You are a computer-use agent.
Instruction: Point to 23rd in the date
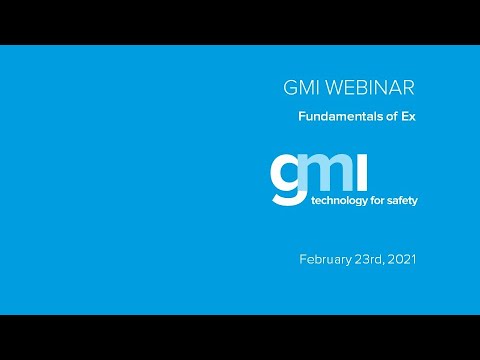(x=371, y=259)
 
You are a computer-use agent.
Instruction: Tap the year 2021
(x=402, y=259)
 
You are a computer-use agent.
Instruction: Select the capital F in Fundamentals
(x=302, y=116)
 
